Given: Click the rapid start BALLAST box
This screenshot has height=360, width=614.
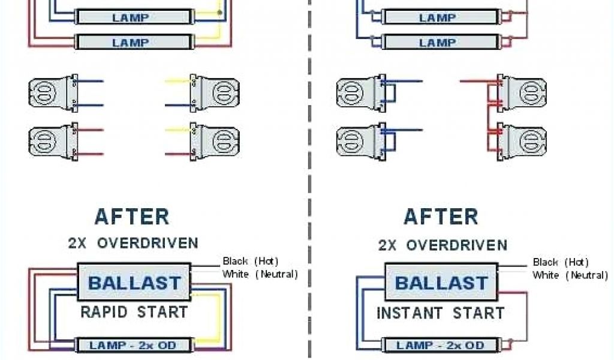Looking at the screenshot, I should [x=134, y=282].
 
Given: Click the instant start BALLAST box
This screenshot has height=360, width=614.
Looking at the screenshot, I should [x=441, y=283].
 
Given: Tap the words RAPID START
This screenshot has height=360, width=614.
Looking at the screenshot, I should [x=134, y=313].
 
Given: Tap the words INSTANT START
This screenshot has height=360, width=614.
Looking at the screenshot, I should [x=441, y=313].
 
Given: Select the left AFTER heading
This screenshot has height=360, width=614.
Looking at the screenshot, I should [x=132, y=217].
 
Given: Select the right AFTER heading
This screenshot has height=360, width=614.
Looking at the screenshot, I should [x=441, y=217].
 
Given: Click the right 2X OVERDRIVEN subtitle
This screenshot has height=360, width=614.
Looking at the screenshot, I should [x=443, y=245].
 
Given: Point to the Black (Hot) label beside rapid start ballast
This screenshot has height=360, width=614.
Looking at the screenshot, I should [x=251, y=261].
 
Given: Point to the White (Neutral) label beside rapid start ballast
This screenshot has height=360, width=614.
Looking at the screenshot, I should [x=260, y=274].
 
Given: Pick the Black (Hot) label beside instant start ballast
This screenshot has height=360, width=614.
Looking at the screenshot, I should [x=561, y=262].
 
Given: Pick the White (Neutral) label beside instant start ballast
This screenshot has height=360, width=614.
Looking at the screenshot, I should [x=570, y=275].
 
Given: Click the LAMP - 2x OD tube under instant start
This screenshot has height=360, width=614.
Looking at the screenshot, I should [x=441, y=346].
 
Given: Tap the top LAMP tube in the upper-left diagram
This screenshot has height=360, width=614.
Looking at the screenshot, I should [x=131, y=18].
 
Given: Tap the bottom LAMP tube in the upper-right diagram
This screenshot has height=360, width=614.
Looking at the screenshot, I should [x=438, y=43].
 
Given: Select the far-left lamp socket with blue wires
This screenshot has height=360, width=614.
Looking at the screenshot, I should [x=52, y=93].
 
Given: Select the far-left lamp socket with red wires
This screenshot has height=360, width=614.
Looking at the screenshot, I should [x=52, y=142].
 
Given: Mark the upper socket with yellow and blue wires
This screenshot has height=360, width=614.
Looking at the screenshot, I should [x=216, y=93].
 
